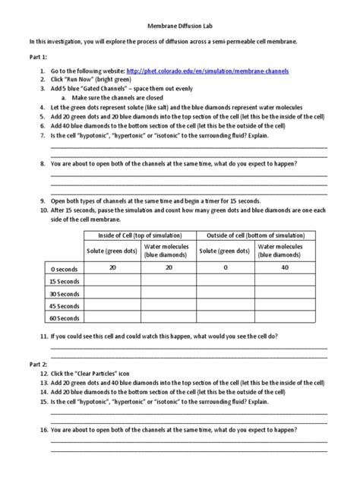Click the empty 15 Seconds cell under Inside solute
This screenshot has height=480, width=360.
click(x=112, y=282)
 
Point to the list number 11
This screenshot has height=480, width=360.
click(x=43, y=336)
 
